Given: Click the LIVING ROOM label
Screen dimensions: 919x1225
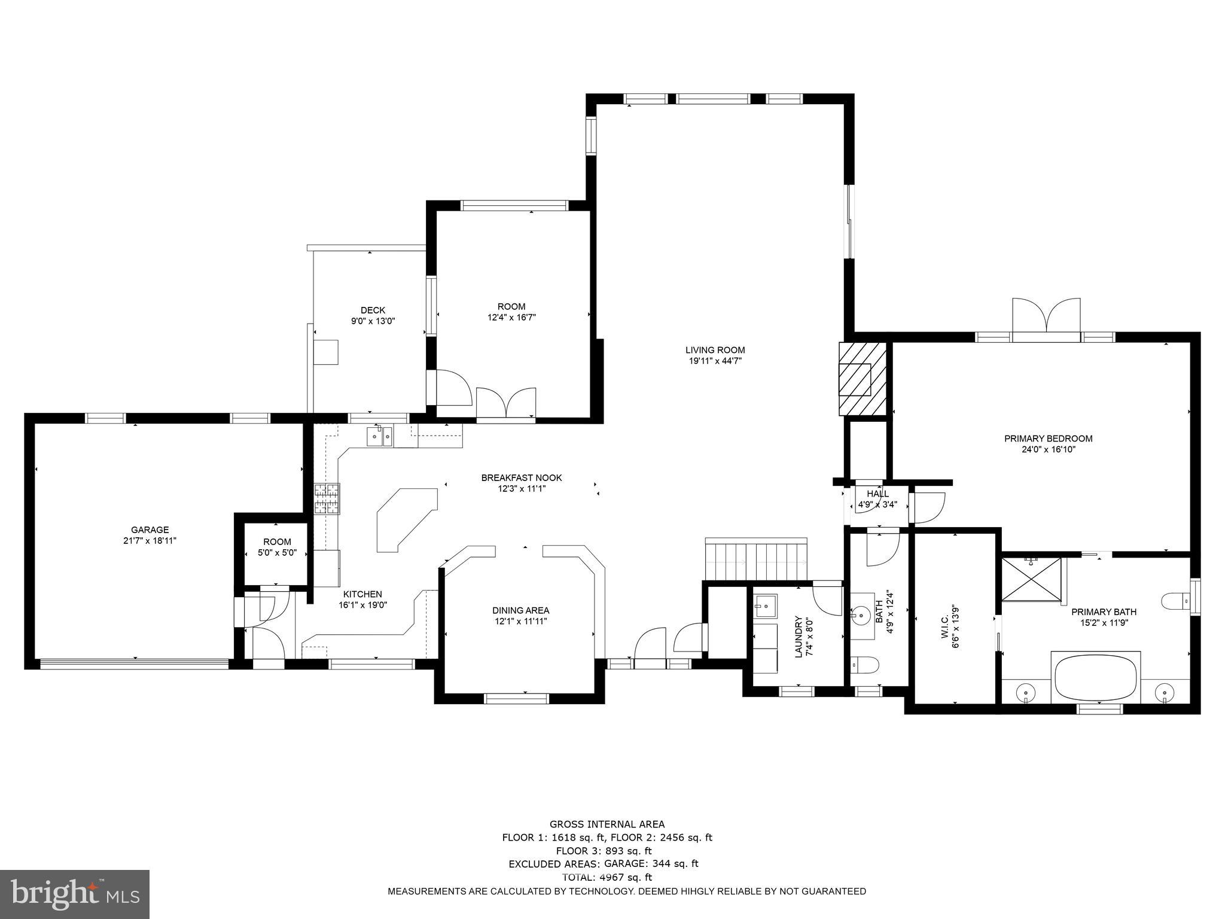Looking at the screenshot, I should [x=715, y=350].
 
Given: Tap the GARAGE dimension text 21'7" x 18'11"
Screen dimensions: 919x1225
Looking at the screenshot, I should [x=150, y=540].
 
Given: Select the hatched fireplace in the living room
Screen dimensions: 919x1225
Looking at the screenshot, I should [x=861, y=378].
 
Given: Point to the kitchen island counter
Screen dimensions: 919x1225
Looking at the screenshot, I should [x=406, y=518].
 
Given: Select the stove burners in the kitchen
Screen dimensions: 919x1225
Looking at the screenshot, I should [x=327, y=499].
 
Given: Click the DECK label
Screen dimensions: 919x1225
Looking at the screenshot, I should [x=373, y=310].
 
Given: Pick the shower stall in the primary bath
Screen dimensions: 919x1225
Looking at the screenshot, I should [x=1031, y=578].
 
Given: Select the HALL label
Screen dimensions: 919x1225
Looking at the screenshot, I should [x=877, y=494].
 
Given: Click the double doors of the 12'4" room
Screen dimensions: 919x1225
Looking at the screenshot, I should [x=506, y=403].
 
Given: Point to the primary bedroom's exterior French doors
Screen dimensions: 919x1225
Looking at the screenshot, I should [x=1046, y=317].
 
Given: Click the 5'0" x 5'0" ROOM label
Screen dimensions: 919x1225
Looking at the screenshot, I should [x=277, y=542].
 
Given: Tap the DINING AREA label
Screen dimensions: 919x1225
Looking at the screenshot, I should [x=520, y=610].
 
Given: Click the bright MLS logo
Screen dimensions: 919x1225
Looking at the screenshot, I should [x=74, y=894].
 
